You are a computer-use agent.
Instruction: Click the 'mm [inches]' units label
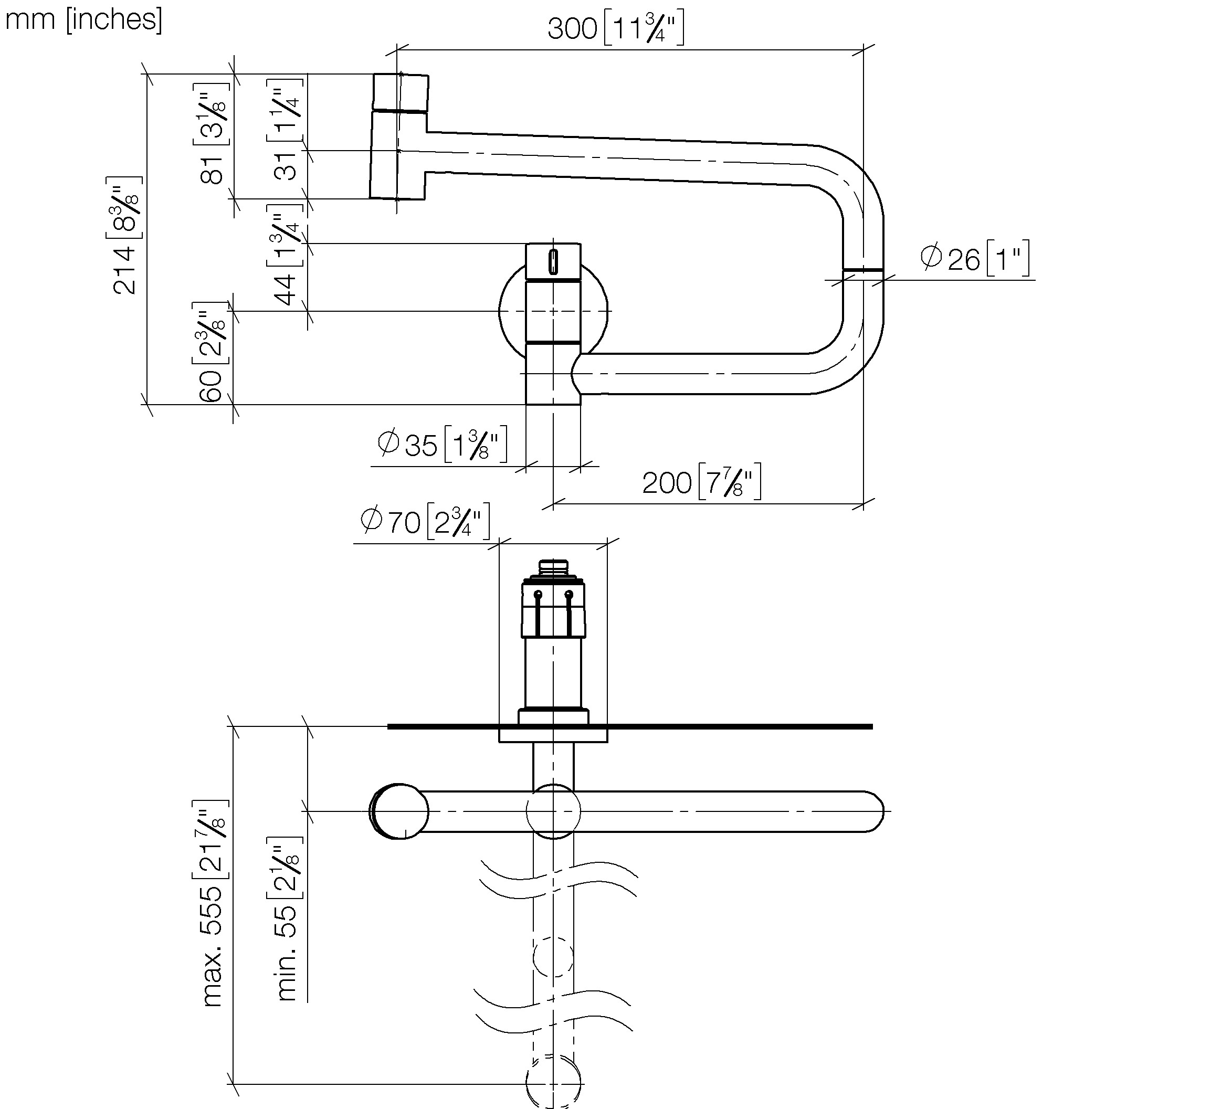click(x=83, y=19)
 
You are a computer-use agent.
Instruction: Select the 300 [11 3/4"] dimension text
click(x=615, y=28)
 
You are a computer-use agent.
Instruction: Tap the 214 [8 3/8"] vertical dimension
click(x=125, y=235)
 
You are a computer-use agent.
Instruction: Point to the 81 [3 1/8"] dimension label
click(x=212, y=133)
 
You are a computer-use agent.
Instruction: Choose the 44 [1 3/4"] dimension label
click(x=285, y=254)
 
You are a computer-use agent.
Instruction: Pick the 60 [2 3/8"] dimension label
click(x=211, y=352)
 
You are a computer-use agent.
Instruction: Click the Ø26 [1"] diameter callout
click(x=975, y=258)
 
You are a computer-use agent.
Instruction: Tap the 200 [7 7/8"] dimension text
click(x=702, y=482)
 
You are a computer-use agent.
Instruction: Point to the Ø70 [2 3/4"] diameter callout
click(x=425, y=521)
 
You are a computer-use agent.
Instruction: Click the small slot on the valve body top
click(x=553, y=262)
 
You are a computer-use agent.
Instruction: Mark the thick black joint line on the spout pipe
click(x=863, y=269)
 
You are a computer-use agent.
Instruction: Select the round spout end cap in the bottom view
click(x=399, y=811)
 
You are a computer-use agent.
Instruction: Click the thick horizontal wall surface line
click(x=630, y=726)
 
